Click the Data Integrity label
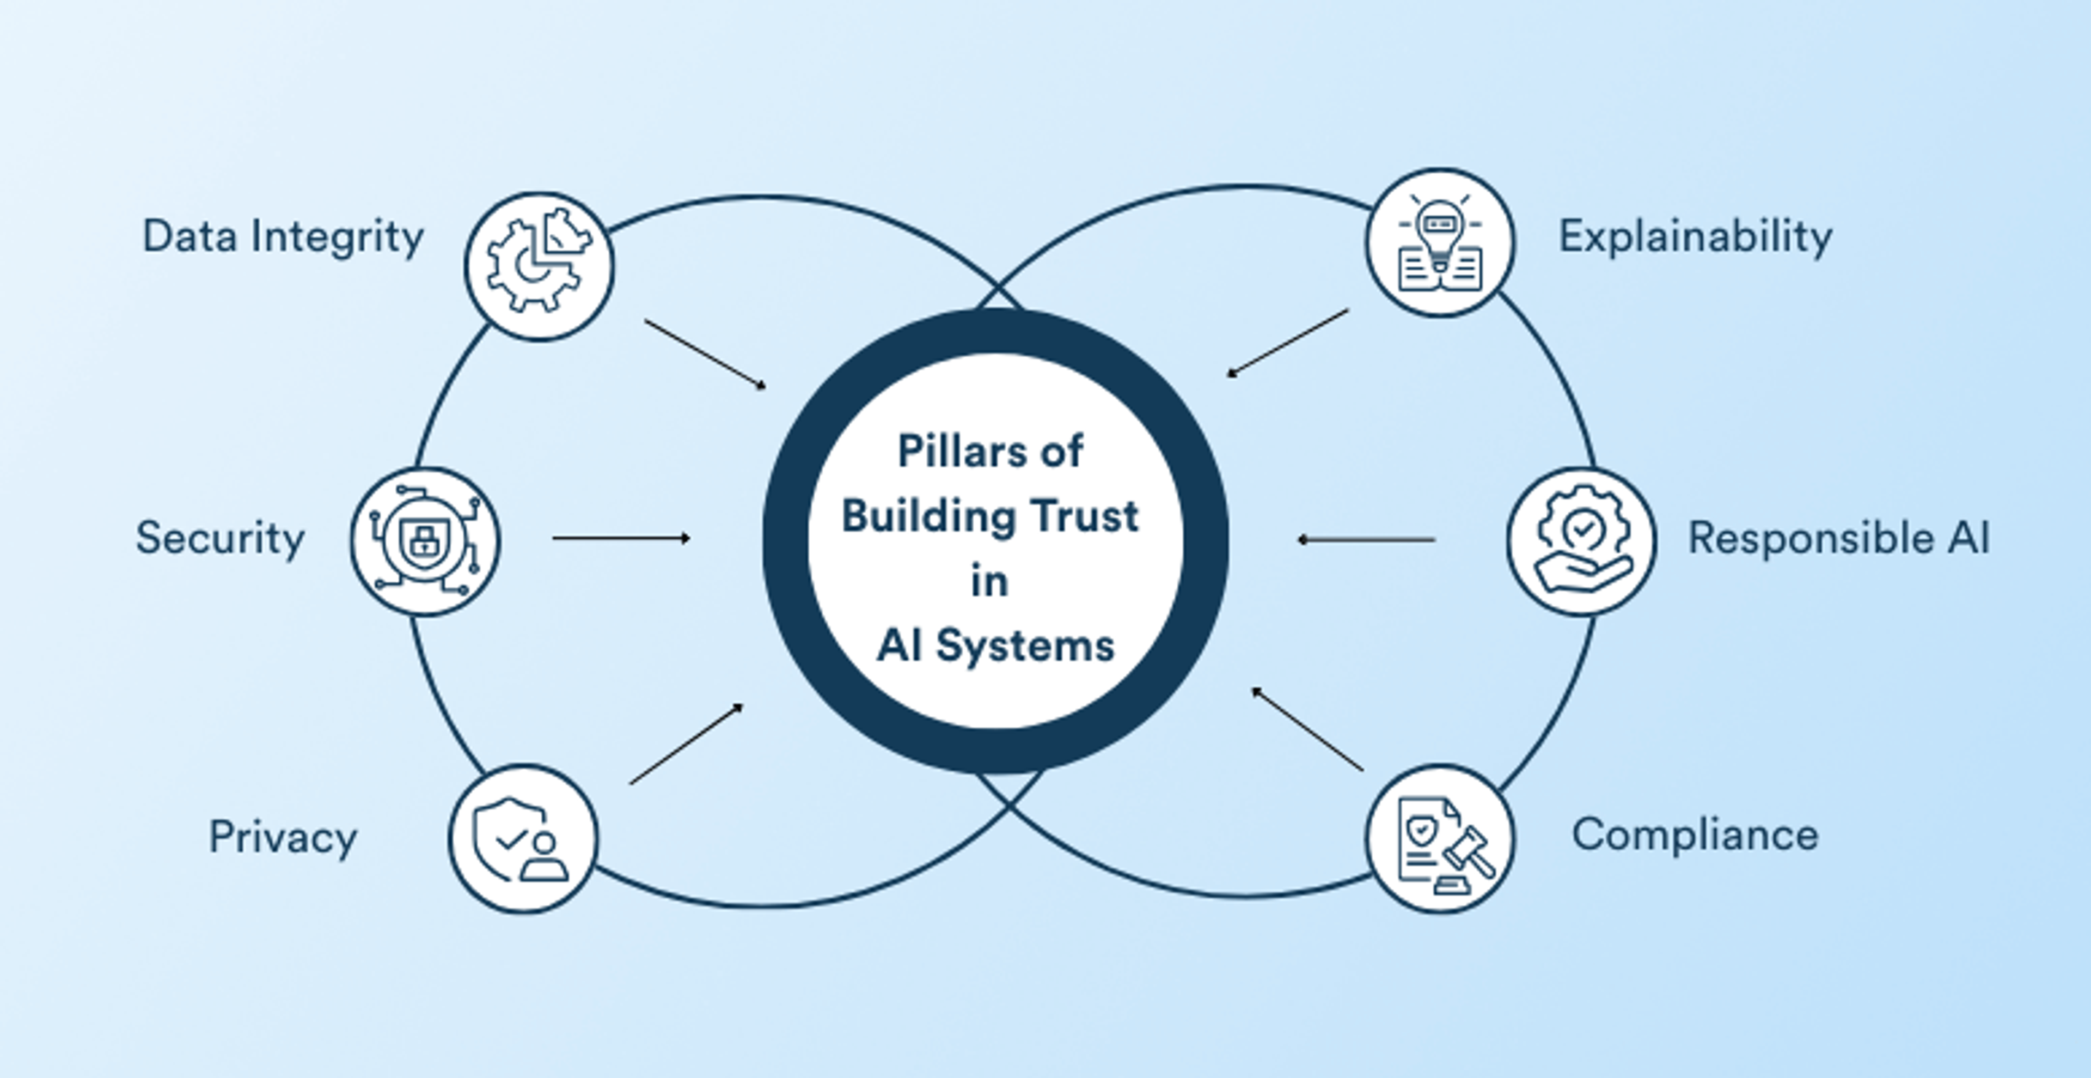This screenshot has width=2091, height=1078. [x=283, y=237]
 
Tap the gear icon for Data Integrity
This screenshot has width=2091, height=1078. [x=539, y=266]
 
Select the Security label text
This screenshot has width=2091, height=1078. [x=220, y=538]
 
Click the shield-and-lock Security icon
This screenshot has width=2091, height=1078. [x=425, y=540]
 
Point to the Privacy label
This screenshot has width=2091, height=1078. [x=283, y=837]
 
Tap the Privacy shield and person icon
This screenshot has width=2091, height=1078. [x=523, y=838]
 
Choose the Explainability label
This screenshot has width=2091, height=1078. [x=1695, y=237]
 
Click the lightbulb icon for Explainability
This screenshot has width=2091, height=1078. [x=1440, y=242]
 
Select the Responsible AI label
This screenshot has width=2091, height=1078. [x=1838, y=538]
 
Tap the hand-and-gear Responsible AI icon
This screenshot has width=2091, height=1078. [x=1581, y=540]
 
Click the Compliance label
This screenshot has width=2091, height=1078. [x=1695, y=835]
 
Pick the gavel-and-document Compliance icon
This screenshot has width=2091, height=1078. [x=1440, y=838]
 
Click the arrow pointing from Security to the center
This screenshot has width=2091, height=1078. [x=621, y=538]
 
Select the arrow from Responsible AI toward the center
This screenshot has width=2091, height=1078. [x=1366, y=539]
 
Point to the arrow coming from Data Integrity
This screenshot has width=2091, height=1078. [x=705, y=354]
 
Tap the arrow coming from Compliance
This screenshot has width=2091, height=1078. [x=1307, y=729]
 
